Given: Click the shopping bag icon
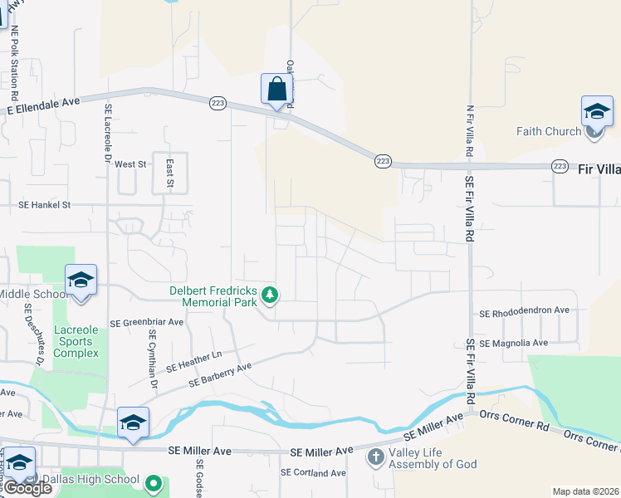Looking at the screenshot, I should point(276,89).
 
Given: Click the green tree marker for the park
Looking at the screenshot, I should point(269,295).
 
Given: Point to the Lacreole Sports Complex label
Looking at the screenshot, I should point(76,341).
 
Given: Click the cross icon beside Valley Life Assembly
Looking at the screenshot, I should point(375,456).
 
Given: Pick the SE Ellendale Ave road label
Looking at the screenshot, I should point(43,105).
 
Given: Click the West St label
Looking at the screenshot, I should point(130,164).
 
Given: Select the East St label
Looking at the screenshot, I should point(169,173).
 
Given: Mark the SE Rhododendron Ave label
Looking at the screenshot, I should point(524,311).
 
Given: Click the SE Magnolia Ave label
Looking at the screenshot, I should point(515,342).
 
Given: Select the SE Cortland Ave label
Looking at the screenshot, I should point(312,473).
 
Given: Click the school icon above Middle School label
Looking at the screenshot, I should point(81,280).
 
